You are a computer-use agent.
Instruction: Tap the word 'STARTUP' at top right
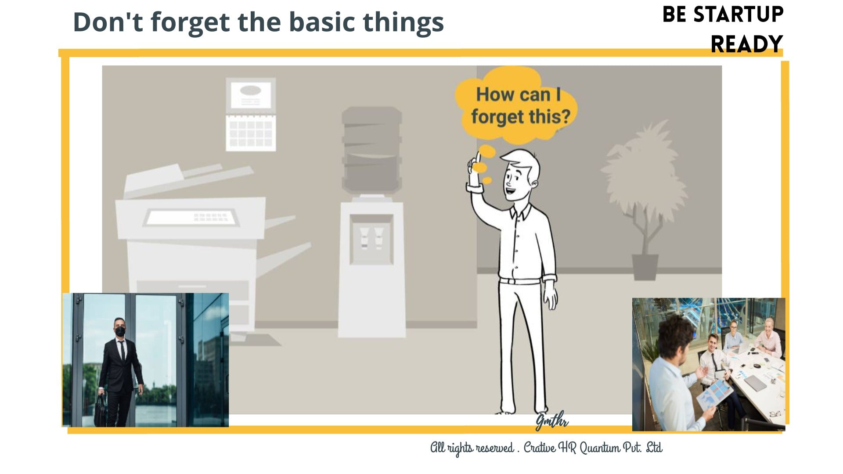[739, 14]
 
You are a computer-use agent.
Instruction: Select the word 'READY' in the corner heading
[746, 44]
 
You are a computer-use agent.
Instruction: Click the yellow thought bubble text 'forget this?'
[521, 117]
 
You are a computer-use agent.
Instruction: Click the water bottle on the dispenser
[371, 150]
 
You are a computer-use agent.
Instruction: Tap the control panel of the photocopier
[191, 217]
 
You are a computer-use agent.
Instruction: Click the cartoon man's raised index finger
[477, 157]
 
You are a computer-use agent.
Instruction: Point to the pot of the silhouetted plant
[645, 266]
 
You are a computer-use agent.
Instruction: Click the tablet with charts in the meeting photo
[714, 395]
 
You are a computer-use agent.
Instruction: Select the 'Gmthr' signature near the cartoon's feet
[552, 421]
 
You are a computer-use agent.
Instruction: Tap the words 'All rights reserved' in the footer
[472, 448]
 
